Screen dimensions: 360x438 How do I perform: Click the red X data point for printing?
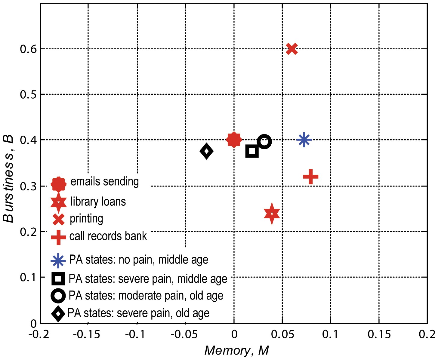tap(292, 49)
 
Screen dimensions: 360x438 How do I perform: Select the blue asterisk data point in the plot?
tap(304, 140)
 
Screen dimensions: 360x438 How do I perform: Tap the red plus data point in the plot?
tap(311, 177)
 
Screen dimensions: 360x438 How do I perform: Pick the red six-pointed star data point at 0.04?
tap(272, 214)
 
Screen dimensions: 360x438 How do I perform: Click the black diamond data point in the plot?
tap(206, 151)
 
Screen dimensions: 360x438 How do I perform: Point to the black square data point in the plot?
tap(252, 151)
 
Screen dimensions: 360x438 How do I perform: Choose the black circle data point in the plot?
tap(264, 142)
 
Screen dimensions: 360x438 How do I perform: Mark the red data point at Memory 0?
tap(234, 140)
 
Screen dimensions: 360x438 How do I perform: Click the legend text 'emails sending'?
tap(104, 182)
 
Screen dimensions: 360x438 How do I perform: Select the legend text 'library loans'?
tap(98, 202)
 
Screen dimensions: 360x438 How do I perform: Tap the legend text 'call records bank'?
tap(108, 236)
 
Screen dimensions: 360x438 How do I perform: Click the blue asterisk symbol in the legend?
tap(58, 260)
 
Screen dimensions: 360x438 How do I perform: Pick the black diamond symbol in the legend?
tap(58, 314)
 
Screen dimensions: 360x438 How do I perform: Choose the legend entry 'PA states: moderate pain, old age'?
tap(146, 296)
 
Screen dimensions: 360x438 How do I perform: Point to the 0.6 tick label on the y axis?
tap(28, 49)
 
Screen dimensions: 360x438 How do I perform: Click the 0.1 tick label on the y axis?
tap(28, 277)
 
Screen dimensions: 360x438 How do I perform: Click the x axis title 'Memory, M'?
tap(236, 351)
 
